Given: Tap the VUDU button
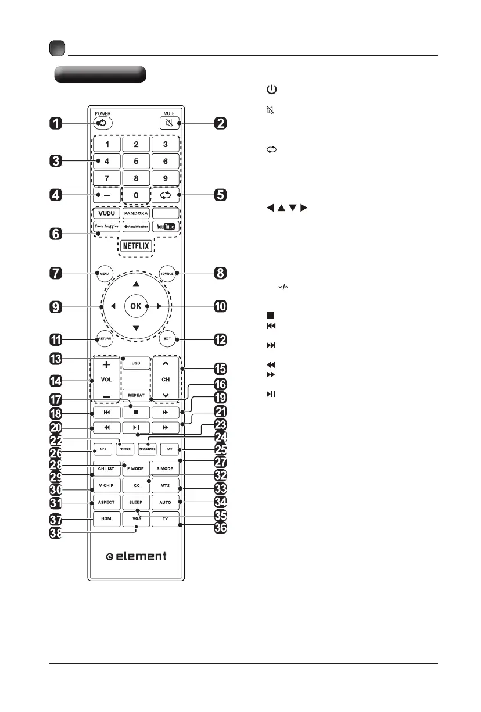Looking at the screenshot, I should point(106,213).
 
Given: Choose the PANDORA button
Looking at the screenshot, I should point(136,213).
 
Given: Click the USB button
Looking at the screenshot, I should point(136,363).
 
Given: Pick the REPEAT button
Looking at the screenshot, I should point(136,393).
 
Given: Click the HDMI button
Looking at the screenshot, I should point(105,518).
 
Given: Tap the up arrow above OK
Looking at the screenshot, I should point(136,284).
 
